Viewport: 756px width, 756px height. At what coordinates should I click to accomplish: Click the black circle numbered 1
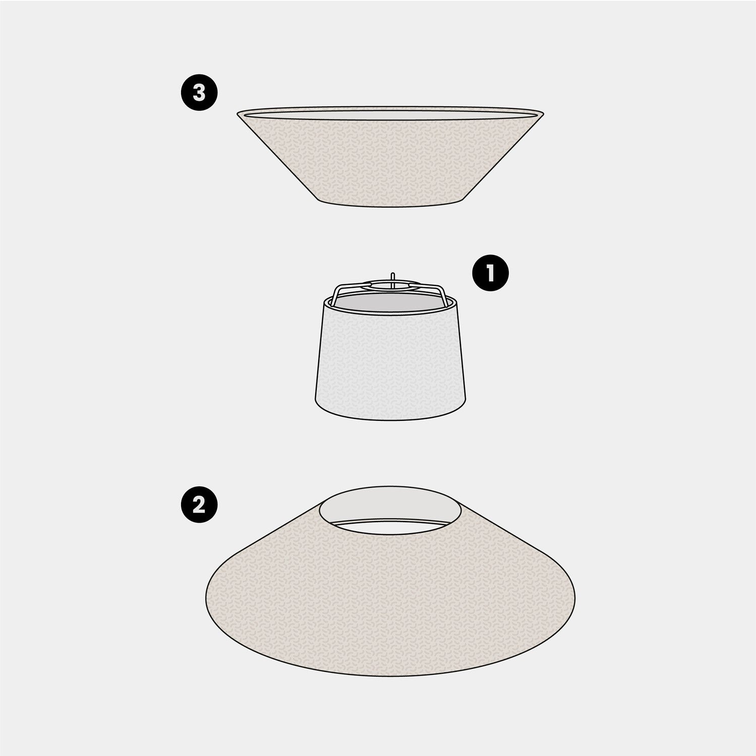tap(490, 274)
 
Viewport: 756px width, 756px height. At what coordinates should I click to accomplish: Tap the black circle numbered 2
tap(199, 506)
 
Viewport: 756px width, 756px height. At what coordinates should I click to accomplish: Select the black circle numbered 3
tap(199, 93)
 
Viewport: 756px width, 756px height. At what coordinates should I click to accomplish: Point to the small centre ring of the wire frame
tap(391, 285)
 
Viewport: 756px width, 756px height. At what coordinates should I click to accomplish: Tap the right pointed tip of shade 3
tap(543, 111)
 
